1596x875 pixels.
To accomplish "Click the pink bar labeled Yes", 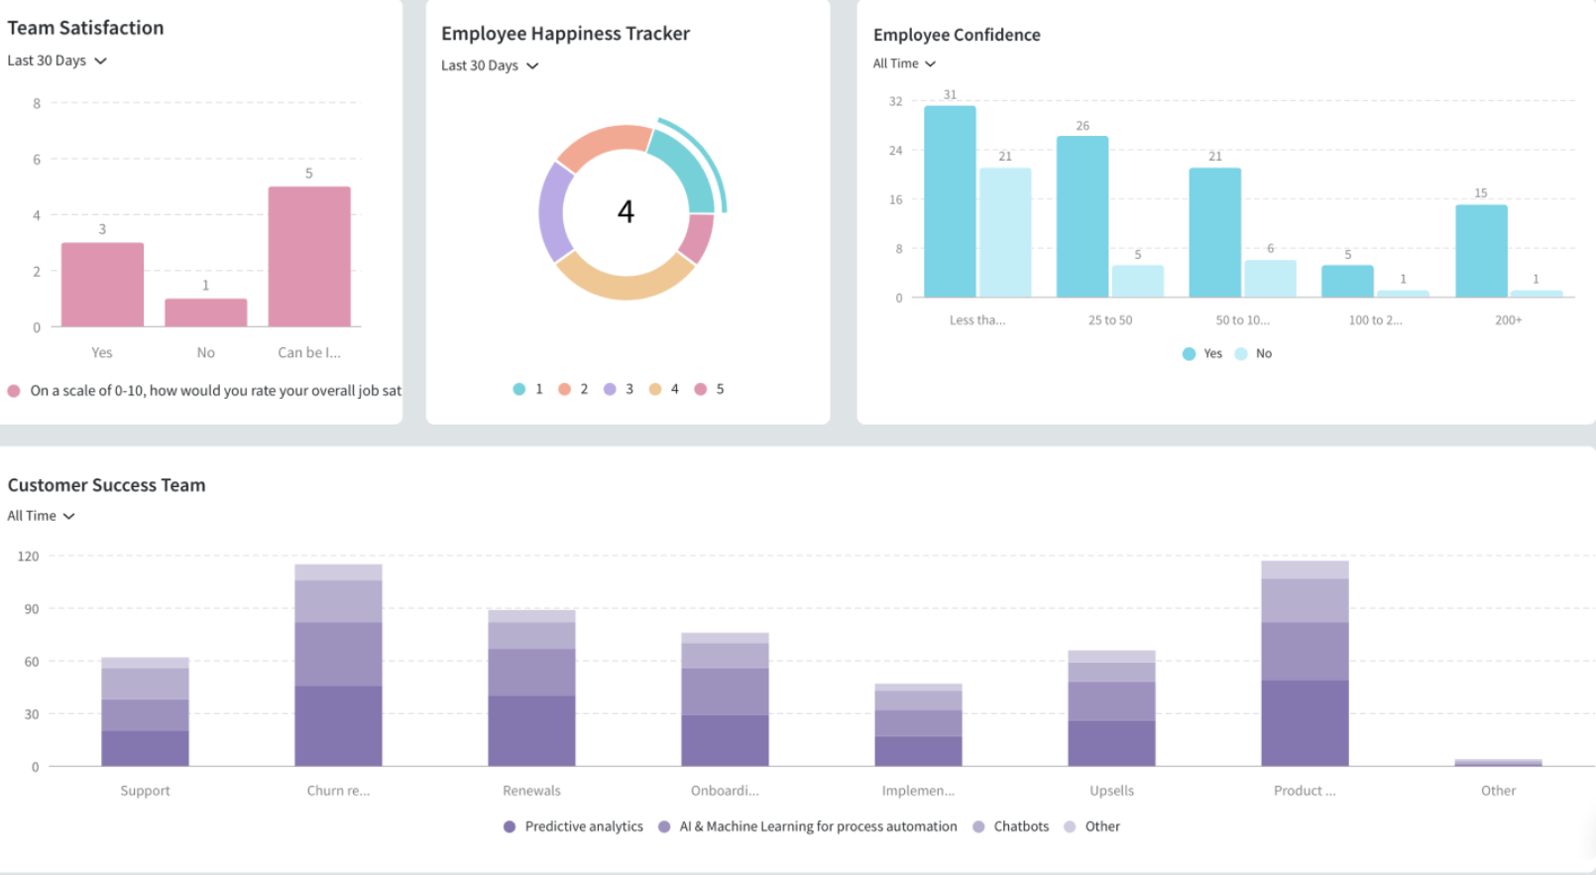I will coord(102,285).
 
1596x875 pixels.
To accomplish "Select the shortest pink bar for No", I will coord(205,312).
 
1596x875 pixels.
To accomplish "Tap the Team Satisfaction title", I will coord(85,28).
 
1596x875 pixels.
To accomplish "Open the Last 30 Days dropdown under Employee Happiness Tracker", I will coord(490,65).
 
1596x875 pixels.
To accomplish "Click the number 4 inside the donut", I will coord(626,211).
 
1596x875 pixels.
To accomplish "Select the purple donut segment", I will coord(554,212).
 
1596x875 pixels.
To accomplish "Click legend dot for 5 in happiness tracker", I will coord(701,389).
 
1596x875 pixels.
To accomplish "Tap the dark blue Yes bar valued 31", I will coord(950,201).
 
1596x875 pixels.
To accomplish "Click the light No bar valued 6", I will coord(1270,279).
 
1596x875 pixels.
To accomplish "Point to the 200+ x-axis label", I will coord(1508,319).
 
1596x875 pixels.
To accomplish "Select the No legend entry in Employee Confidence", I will coord(1254,353).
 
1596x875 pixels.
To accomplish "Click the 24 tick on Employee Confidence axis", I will coord(895,151).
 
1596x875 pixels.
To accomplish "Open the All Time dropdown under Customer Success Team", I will coord(41,516).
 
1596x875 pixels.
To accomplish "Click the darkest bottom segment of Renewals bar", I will coord(531,731).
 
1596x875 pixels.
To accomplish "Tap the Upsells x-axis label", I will coord(1111,791).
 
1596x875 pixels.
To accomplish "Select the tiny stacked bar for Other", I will coord(1498,762).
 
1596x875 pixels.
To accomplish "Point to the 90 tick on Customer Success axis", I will coord(32,609).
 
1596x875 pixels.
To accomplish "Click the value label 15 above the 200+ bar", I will coord(1480,193).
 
